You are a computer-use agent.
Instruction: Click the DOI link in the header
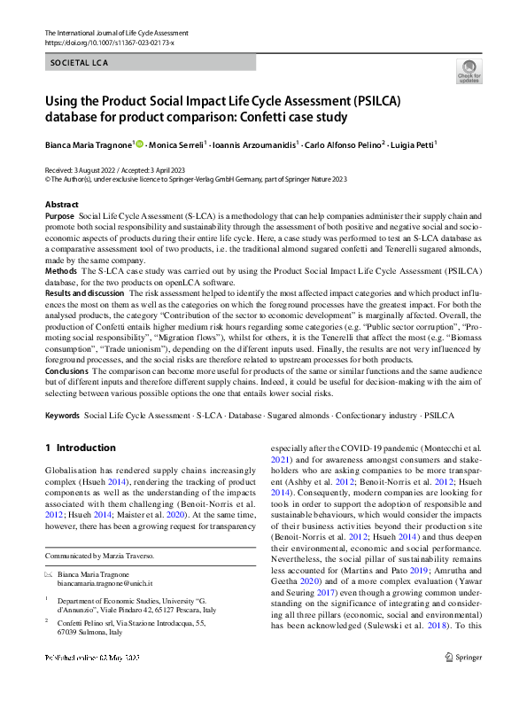click(108, 43)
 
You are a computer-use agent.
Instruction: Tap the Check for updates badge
click(469, 72)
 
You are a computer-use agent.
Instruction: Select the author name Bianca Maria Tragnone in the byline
click(88, 144)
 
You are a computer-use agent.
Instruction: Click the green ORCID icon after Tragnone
click(139, 144)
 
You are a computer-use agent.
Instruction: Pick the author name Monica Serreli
click(176, 144)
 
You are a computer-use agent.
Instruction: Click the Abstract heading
click(61, 205)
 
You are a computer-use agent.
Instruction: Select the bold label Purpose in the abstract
click(59, 216)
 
